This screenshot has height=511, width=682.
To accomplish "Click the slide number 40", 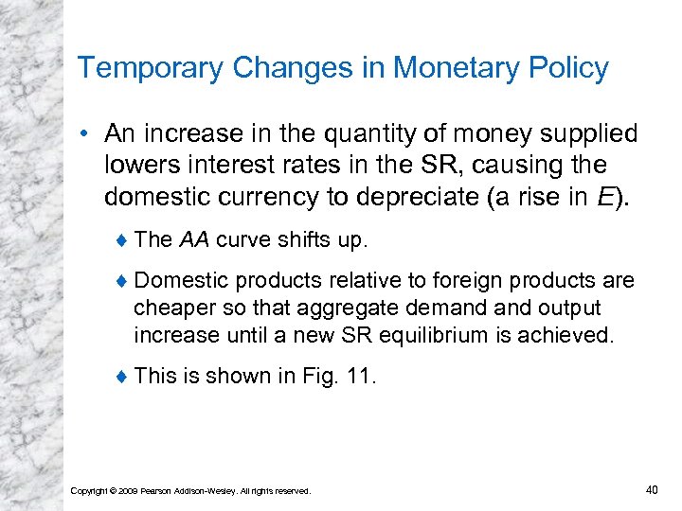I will (x=651, y=489).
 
